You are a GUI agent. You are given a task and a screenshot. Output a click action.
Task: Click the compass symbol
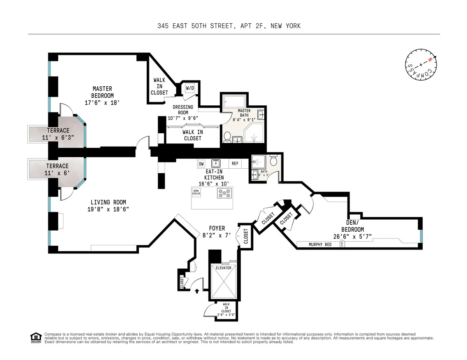click(x=421, y=65)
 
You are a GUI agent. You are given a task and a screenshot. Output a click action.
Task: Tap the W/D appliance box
click(x=190, y=88)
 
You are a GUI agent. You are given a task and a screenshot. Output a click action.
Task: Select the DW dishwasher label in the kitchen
click(x=201, y=164)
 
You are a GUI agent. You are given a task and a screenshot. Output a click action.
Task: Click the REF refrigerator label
click(x=235, y=164)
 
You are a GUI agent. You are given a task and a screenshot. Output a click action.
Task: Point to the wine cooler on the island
click(x=196, y=192)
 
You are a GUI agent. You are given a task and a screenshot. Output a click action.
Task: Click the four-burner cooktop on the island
click(x=225, y=192)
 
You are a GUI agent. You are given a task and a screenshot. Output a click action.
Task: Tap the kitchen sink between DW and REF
click(x=216, y=163)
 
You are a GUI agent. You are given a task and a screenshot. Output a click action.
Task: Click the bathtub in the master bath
click(x=234, y=103)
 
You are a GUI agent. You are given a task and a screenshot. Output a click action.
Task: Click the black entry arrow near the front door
click(x=197, y=290)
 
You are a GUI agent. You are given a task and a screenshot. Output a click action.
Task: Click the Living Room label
click(x=108, y=202)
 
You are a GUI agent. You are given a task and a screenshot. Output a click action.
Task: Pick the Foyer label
click(x=217, y=228)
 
